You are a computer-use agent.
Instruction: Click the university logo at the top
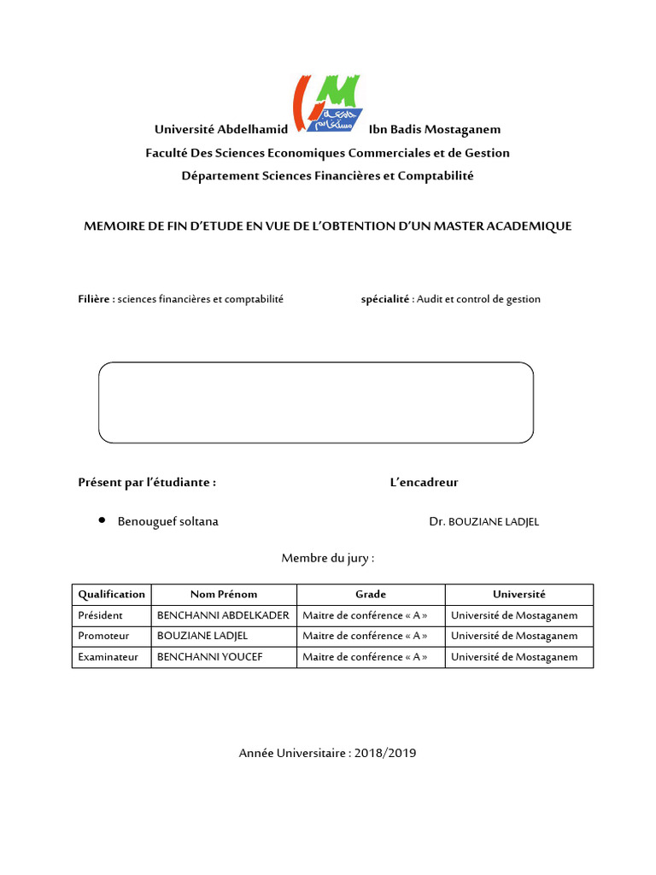[x=327, y=103]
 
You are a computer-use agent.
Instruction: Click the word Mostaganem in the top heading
[x=460, y=130]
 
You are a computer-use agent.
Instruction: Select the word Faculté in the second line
[x=167, y=153]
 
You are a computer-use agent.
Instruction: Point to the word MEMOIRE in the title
[x=113, y=226]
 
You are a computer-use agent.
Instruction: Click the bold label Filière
[x=95, y=299]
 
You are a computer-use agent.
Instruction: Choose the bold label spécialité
[x=386, y=299]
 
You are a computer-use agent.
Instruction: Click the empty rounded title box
[x=316, y=402]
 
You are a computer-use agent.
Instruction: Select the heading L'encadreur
[x=424, y=483]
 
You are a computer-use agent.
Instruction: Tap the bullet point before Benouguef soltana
[x=102, y=520]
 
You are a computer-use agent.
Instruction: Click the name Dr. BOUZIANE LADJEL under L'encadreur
[x=484, y=522]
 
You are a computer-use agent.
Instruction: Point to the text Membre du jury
[x=328, y=559]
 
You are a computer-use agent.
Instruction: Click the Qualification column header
[x=112, y=595]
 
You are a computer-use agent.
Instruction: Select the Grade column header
[x=371, y=595]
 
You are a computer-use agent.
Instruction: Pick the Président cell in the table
[x=101, y=615]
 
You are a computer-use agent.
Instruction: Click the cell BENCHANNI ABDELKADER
[x=223, y=615]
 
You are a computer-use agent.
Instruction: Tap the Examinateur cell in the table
[x=108, y=657]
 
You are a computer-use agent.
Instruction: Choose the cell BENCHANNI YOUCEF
[x=209, y=657]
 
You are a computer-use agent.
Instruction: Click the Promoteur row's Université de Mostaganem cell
[x=514, y=636]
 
